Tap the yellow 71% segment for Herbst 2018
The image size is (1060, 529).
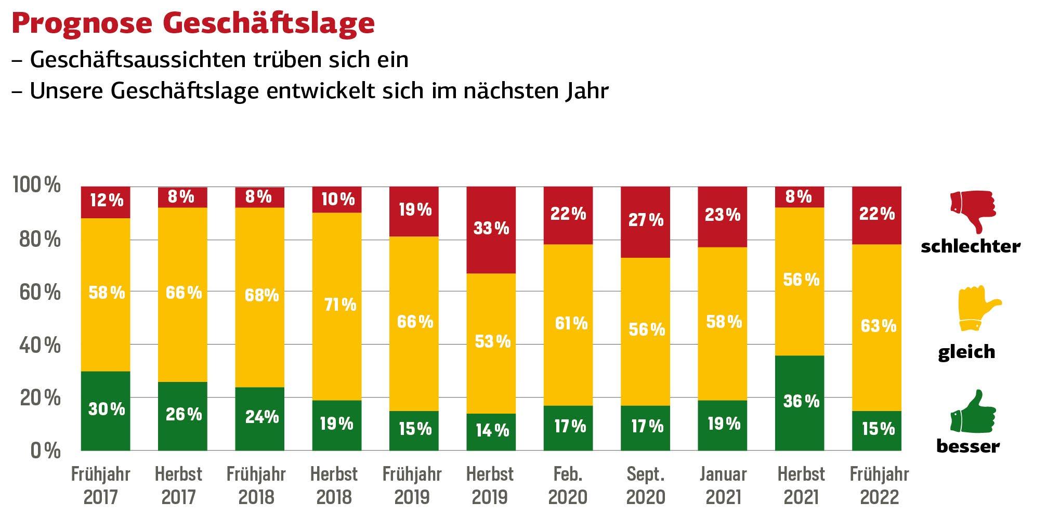pos(337,306)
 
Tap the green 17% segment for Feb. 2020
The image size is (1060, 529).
pos(568,428)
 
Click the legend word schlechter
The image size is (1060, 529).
pos(970,246)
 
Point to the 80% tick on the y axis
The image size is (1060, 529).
pos(40,240)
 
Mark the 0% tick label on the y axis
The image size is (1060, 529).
pos(46,451)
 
